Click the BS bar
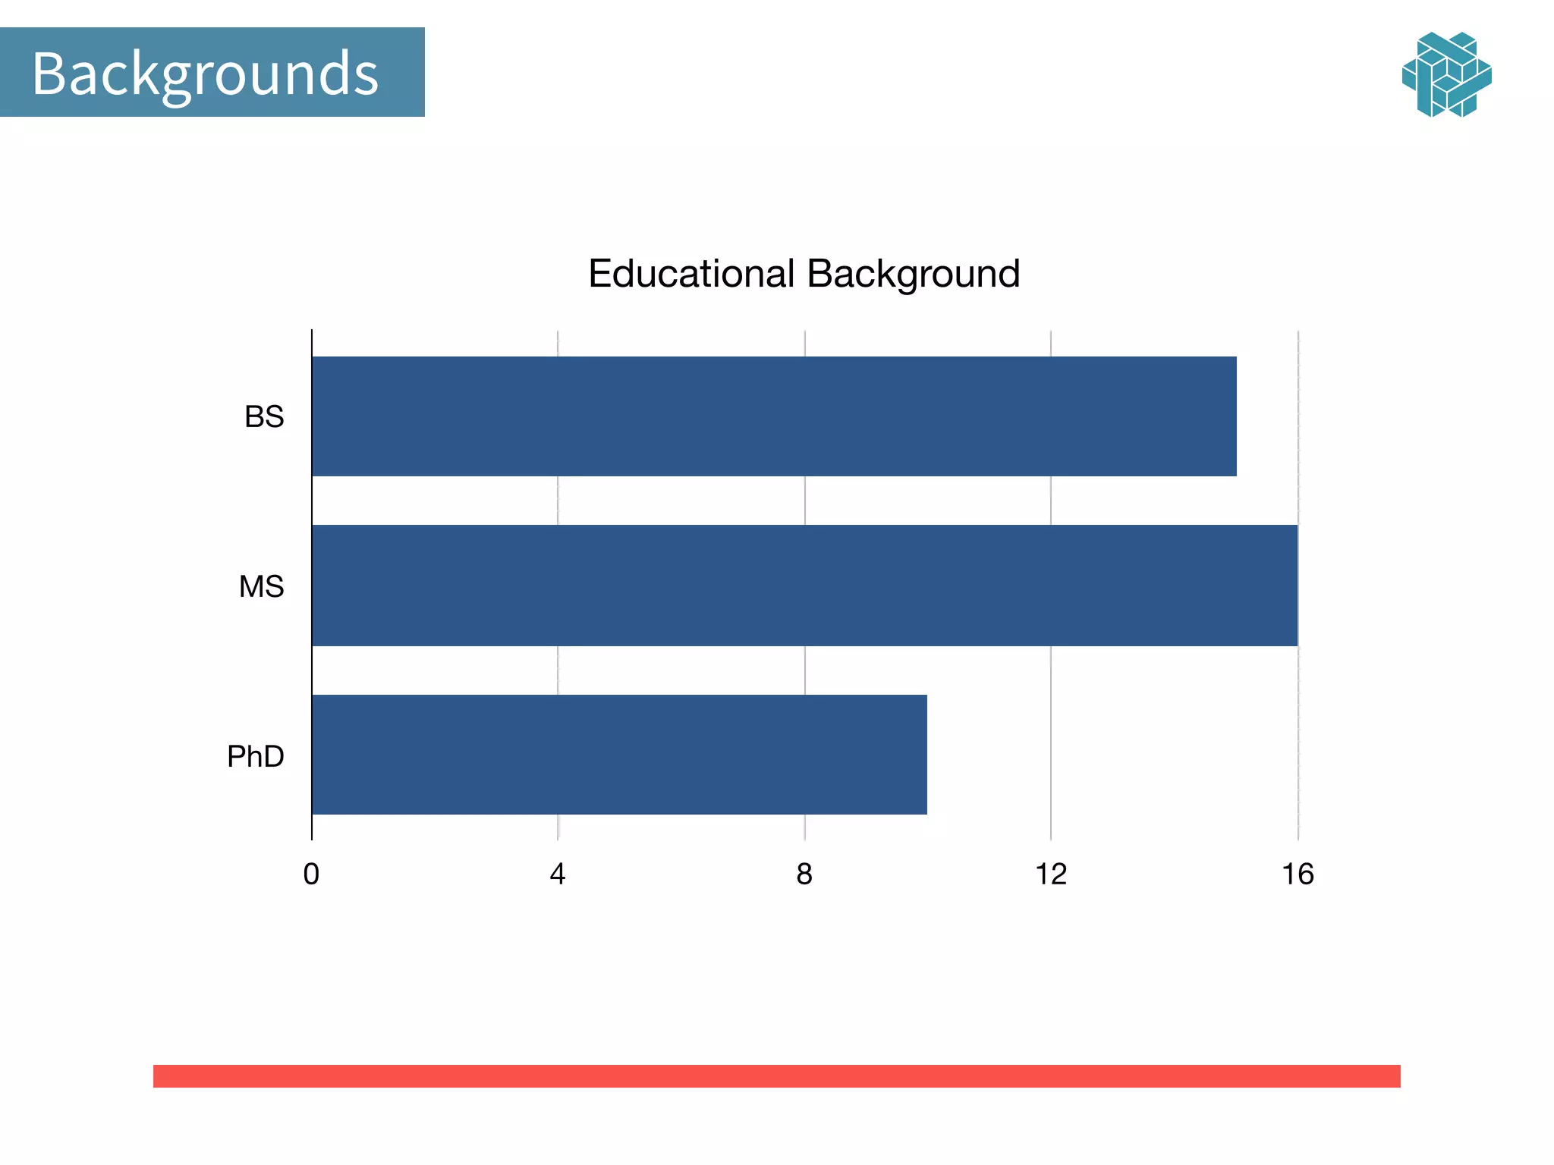tap(774, 416)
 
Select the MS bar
tap(804, 586)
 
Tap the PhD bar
tap(619, 755)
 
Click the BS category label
tap(264, 417)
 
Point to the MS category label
tap(261, 586)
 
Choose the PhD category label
tap(256, 756)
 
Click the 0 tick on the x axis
tap(311, 875)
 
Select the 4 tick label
tap(558, 875)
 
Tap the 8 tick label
tap(804, 875)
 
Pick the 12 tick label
tap(1051, 875)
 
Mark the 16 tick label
tap(1298, 875)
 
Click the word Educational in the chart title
tap(691, 274)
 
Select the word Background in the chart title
tap(913, 274)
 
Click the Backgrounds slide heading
tap(205, 73)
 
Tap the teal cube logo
tap(1446, 74)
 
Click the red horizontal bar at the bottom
tap(776, 1076)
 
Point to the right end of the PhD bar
tap(924, 755)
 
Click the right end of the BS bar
tap(1234, 416)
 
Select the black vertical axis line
tap(312, 584)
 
